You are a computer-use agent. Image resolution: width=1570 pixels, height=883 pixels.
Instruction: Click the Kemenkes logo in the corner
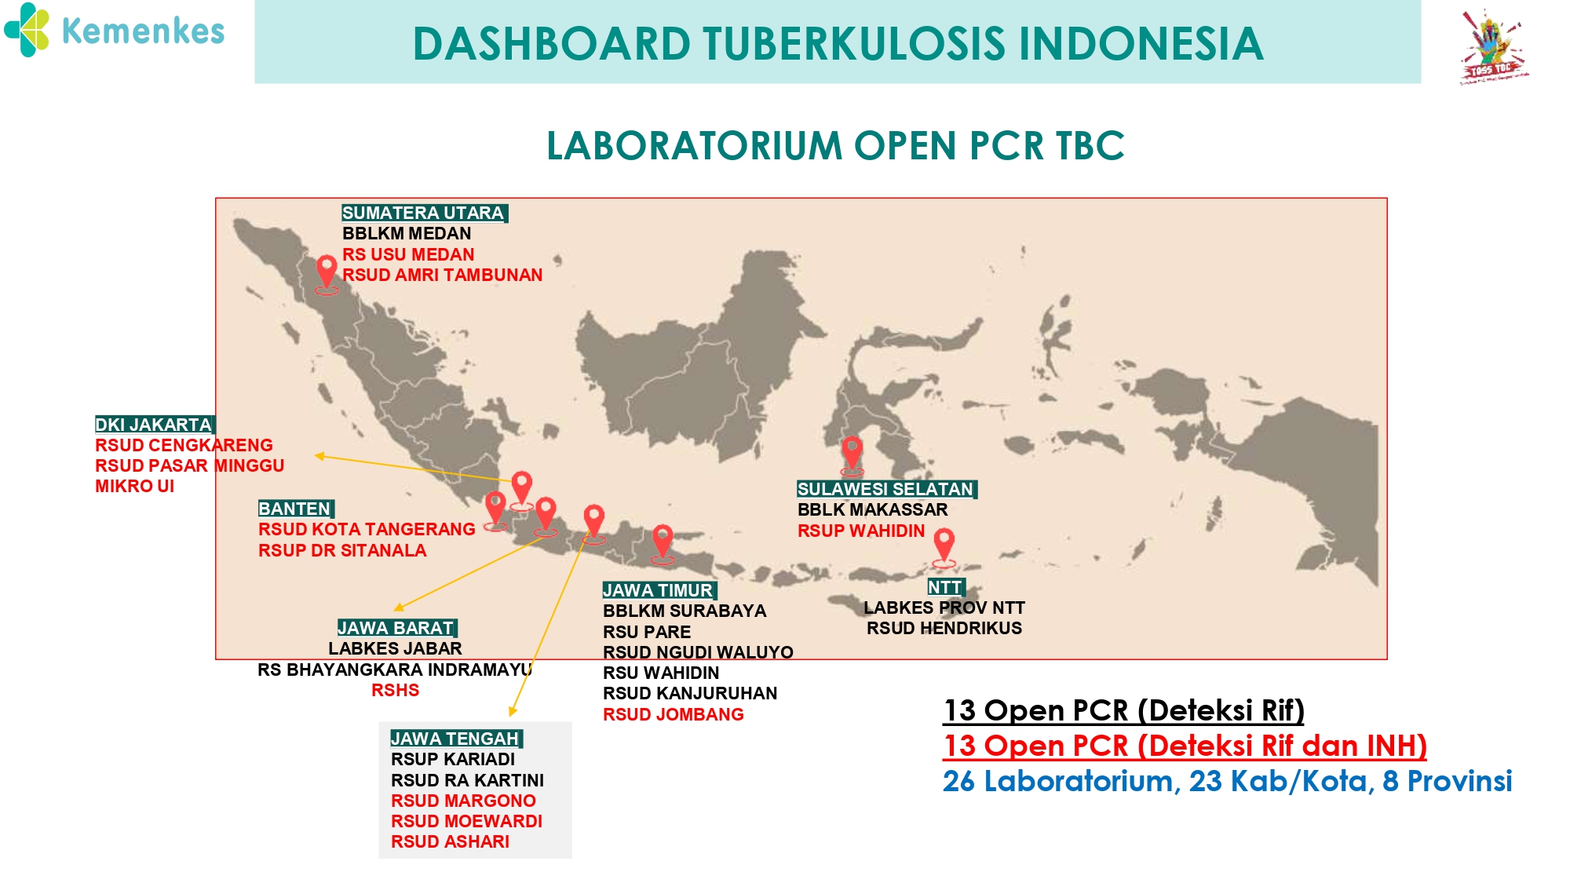click(115, 31)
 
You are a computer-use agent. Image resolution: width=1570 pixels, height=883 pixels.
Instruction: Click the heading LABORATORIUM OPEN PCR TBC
click(835, 146)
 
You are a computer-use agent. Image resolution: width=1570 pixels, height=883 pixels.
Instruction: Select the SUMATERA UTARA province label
click(425, 213)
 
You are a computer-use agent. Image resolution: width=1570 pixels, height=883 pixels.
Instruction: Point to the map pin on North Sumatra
click(327, 275)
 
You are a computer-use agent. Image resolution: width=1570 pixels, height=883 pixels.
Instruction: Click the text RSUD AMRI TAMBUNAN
click(443, 275)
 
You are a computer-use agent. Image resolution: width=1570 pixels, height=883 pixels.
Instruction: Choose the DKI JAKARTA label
click(155, 425)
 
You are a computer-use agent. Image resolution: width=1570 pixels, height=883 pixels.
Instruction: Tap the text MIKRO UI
click(135, 487)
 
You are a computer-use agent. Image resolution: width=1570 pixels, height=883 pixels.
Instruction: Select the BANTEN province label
click(296, 509)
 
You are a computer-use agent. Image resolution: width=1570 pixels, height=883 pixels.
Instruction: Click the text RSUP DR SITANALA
click(342, 551)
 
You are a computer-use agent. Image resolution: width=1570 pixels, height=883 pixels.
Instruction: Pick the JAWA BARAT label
click(397, 628)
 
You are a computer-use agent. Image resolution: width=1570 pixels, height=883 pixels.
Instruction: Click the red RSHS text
click(396, 691)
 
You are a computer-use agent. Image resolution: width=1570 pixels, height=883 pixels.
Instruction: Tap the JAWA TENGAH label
click(456, 739)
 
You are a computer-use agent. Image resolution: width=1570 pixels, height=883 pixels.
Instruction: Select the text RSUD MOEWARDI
click(467, 822)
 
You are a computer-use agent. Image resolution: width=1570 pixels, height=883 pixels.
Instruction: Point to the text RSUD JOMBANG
click(674, 715)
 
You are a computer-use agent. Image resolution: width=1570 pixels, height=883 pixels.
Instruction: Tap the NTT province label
click(946, 587)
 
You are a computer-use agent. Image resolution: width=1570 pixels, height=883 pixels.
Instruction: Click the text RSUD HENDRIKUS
click(944, 629)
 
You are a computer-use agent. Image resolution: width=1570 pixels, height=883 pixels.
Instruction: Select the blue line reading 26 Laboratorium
click(1228, 782)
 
